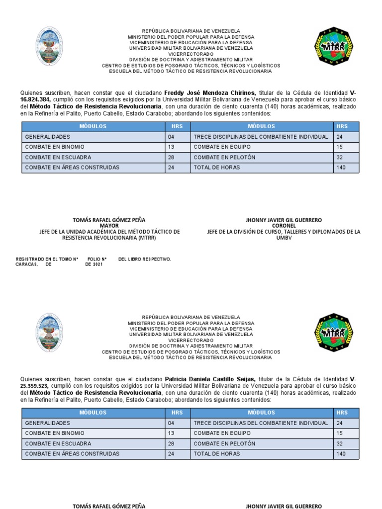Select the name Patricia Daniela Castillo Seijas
click(210, 379)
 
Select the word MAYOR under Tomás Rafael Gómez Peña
click(109, 226)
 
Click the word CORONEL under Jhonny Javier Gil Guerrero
click(284, 226)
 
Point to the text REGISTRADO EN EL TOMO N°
click(47, 259)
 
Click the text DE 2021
click(94, 264)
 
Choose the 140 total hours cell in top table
click(341, 168)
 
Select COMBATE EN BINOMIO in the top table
click(55, 147)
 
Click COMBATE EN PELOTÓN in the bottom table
click(217, 443)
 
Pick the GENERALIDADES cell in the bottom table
click(48, 423)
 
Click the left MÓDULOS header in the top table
click(93, 126)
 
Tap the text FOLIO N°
click(97, 259)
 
